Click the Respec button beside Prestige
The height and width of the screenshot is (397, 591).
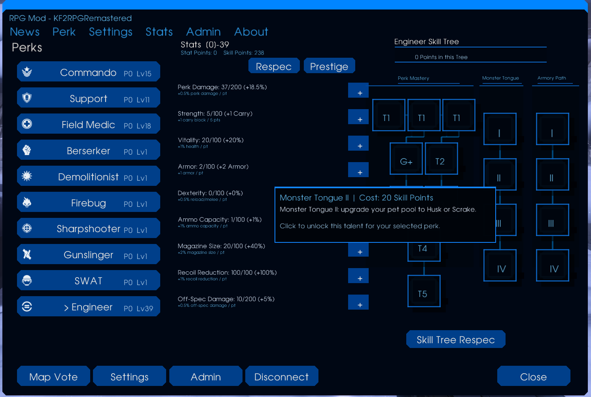274,66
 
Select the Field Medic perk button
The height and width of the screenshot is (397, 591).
88,124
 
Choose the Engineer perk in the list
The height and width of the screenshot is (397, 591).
88,306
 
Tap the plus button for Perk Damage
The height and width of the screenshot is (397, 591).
358,90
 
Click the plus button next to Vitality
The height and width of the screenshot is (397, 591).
358,143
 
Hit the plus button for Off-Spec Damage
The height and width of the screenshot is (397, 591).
358,302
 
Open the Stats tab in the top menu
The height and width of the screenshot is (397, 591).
159,32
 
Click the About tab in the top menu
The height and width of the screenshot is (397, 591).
251,32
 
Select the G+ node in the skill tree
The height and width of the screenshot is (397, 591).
406,159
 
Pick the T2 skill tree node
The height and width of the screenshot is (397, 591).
441,159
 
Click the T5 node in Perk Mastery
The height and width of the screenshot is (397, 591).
424,291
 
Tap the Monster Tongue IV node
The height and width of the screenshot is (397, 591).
500,265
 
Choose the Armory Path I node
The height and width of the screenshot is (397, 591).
553,129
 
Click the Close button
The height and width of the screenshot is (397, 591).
534,376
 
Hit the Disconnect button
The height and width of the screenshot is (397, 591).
282,376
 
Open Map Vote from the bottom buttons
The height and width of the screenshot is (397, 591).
53,376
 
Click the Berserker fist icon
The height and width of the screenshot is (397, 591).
27,150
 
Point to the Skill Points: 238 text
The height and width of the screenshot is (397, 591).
244,53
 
